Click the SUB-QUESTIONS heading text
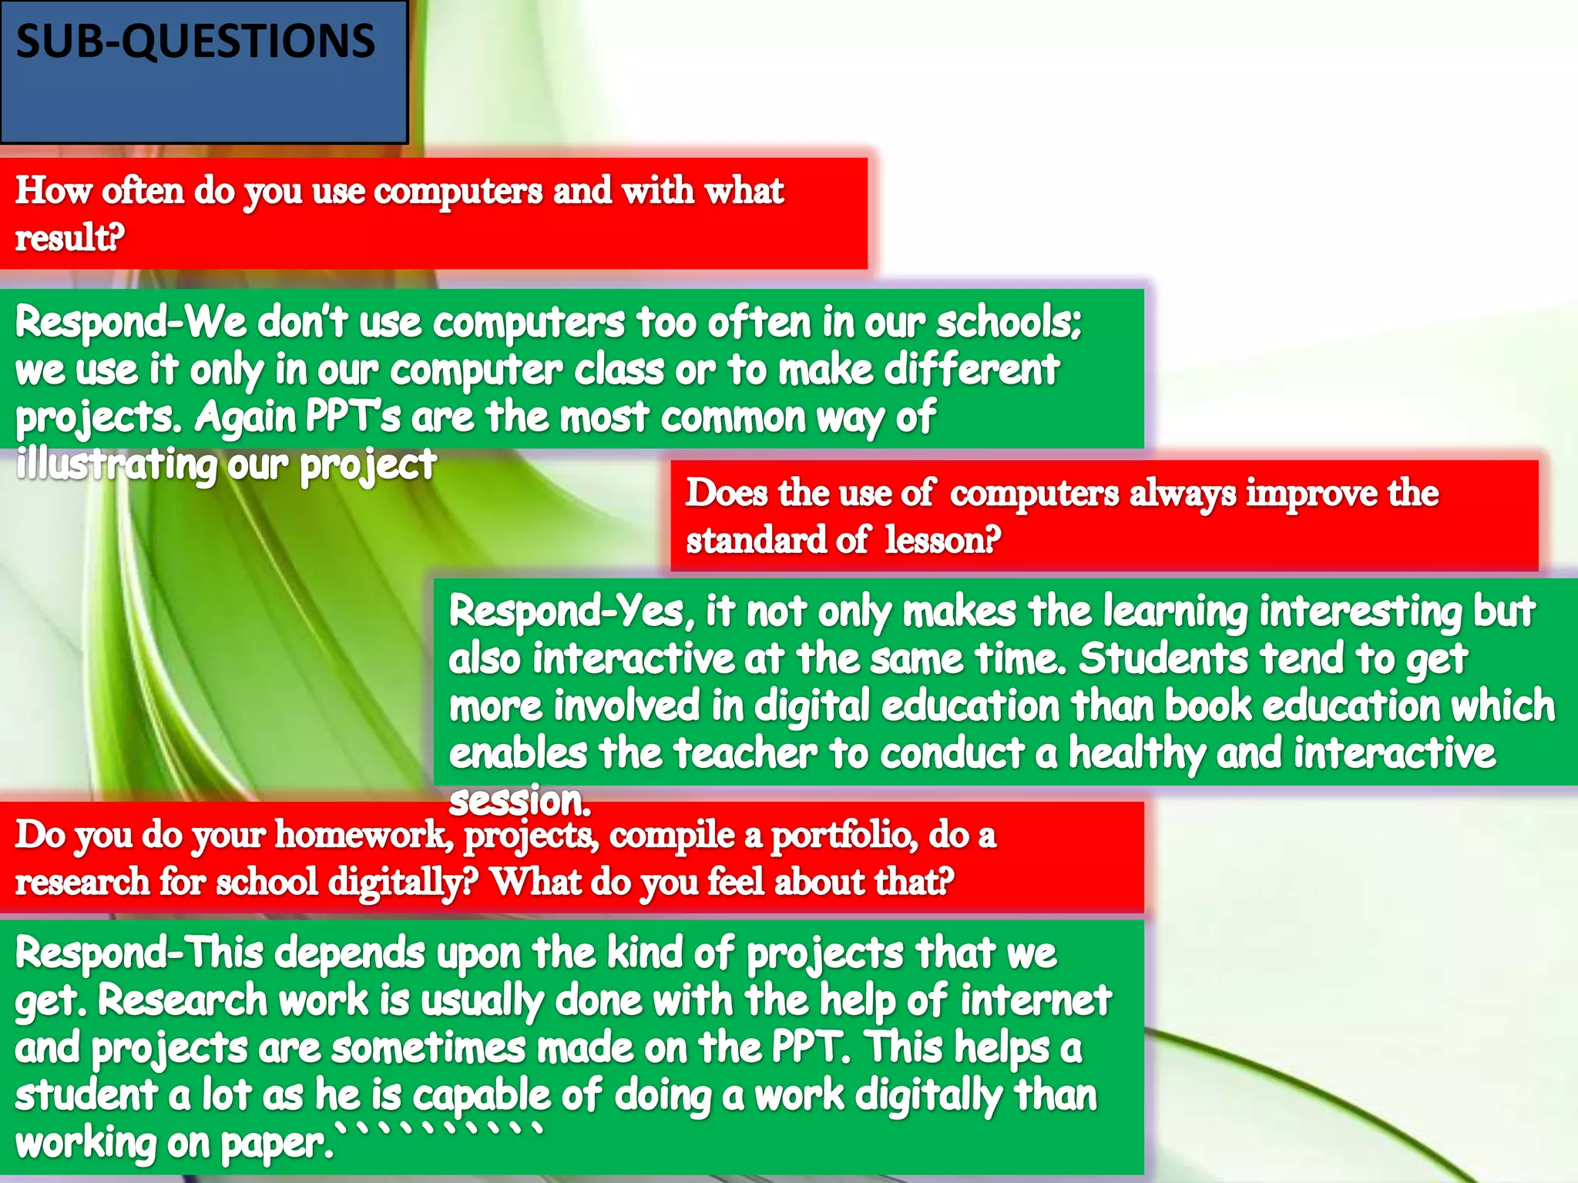pos(196,42)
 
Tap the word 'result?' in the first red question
pos(69,237)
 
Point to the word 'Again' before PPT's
pos(244,417)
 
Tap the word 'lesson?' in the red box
pos(942,540)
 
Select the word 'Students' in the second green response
pos(1162,659)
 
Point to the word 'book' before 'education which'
pos(1207,706)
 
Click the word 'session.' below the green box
pos(519,801)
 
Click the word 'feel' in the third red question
pos(735,882)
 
